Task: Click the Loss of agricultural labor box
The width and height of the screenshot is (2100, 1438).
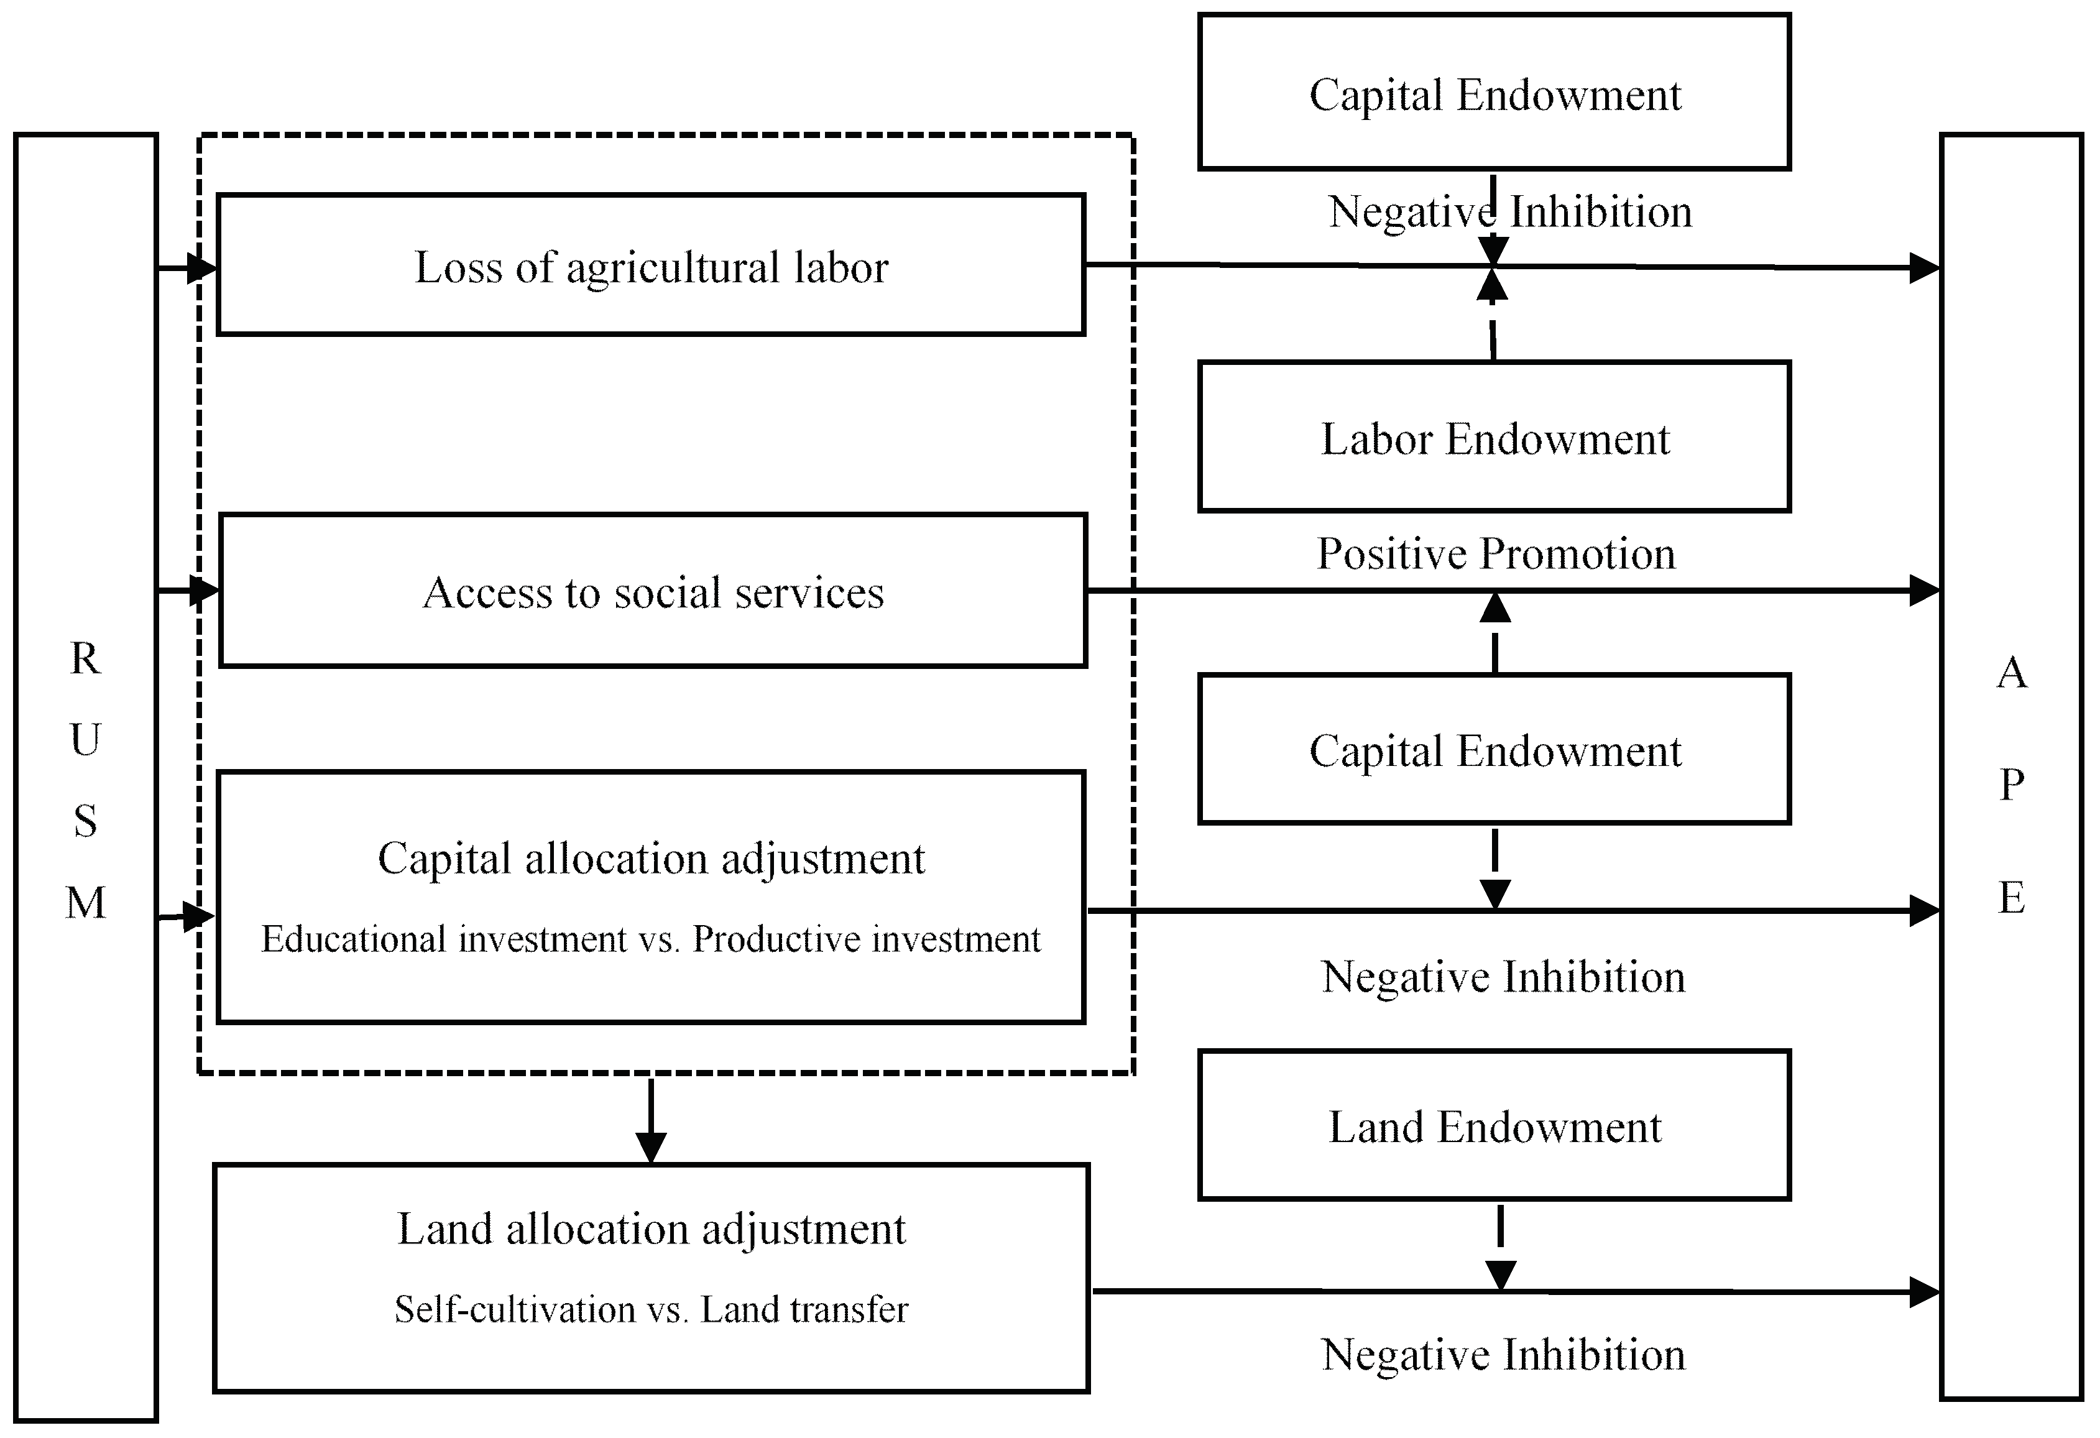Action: click(651, 265)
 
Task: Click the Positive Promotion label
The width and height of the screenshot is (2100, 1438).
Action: click(1496, 553)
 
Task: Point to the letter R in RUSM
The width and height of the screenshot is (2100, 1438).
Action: click(85, 658)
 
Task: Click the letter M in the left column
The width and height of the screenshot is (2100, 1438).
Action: click(86, 902)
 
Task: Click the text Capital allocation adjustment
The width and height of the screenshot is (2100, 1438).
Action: click(651, 858)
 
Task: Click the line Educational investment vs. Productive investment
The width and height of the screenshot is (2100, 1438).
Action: click(651, 939)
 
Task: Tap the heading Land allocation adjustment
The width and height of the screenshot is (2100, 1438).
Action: click(651, 1229)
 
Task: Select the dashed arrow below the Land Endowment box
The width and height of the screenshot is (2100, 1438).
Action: click(1500, 1247)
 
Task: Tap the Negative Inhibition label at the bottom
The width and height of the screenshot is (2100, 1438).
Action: click(1503, 1354)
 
